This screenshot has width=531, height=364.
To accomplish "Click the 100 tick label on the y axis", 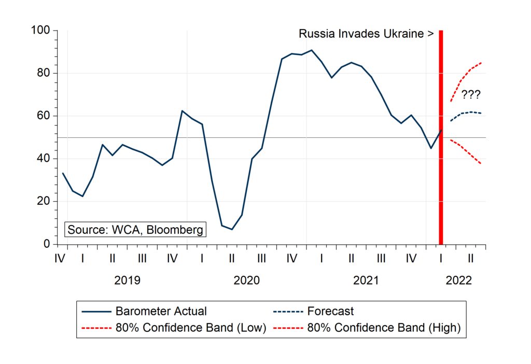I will click(40, 31).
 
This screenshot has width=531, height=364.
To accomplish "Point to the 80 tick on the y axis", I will click(43, 73).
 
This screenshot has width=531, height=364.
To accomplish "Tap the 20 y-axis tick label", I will click(43, 201).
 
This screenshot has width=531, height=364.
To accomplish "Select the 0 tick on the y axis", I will click(46, 244).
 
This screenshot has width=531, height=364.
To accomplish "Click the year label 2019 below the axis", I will click(127, 281).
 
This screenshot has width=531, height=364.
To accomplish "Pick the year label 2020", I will click(246, 281).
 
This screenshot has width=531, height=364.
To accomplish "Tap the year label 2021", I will click(366, 281).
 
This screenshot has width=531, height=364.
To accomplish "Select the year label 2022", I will click(458, 281).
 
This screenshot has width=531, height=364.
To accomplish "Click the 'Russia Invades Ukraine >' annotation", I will click(366, 34).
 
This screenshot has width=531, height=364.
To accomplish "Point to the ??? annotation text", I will click(470, 95).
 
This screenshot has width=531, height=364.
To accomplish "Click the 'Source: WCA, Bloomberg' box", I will click(135, 230).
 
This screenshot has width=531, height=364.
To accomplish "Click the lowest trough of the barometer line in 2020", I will click(232, 229).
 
